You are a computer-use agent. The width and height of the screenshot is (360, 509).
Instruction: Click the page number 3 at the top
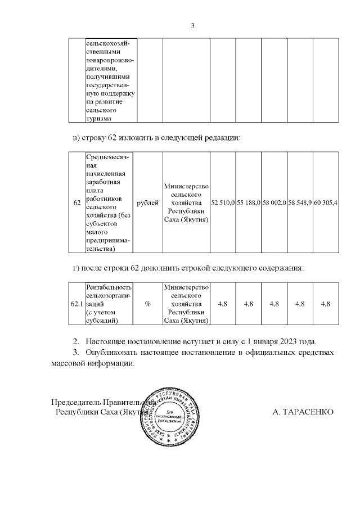(192, 25)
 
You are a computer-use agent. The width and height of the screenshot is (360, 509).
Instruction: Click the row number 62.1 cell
(76, 304)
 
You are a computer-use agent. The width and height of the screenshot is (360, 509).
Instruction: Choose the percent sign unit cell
(148, 304)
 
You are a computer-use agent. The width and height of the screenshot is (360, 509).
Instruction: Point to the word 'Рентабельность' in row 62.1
(109, 287)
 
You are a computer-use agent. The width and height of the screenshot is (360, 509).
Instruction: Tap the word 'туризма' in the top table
(98, 118)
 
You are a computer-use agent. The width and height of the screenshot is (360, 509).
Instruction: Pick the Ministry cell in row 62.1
(186, 304)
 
